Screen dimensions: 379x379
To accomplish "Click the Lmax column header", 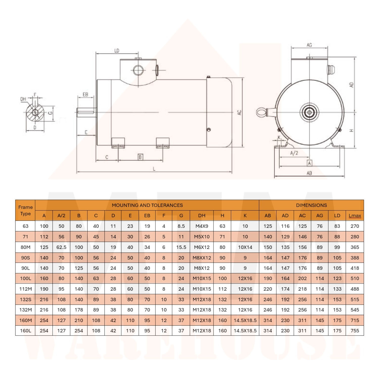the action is click(x=355, y=216).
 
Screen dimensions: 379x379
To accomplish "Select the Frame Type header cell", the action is click(x=26, y=210).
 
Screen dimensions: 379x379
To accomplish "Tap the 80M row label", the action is click(x=26, y=247).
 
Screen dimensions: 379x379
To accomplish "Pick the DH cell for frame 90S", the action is click(x=202, y=258).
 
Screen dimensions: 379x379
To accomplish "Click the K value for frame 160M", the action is click(x=245, y=320).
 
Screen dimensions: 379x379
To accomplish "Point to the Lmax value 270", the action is click(x=355, y=226).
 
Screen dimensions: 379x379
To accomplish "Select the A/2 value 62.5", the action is click(x=61, y=247).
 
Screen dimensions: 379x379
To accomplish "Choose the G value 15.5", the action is click(x=181, y=247).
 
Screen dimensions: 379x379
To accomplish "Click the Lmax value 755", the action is click(x=355, y=331).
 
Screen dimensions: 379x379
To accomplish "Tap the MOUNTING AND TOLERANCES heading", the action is click(x=147, y=205).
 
